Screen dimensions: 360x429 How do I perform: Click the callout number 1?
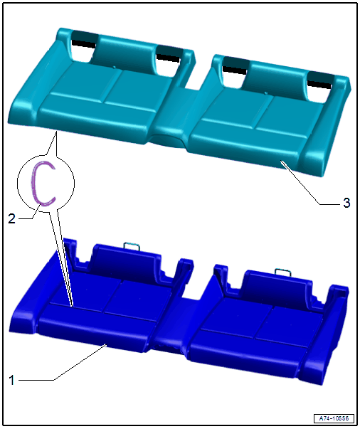(x=11, y=380)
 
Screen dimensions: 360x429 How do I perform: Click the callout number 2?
(x=11, y=218)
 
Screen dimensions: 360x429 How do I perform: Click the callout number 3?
(x=346, y=203)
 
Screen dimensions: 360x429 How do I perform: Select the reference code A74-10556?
(x=334, y=418)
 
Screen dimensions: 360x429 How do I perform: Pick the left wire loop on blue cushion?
(x=132, y=246)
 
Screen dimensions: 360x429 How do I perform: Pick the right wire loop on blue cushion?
(x=283, y=272)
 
